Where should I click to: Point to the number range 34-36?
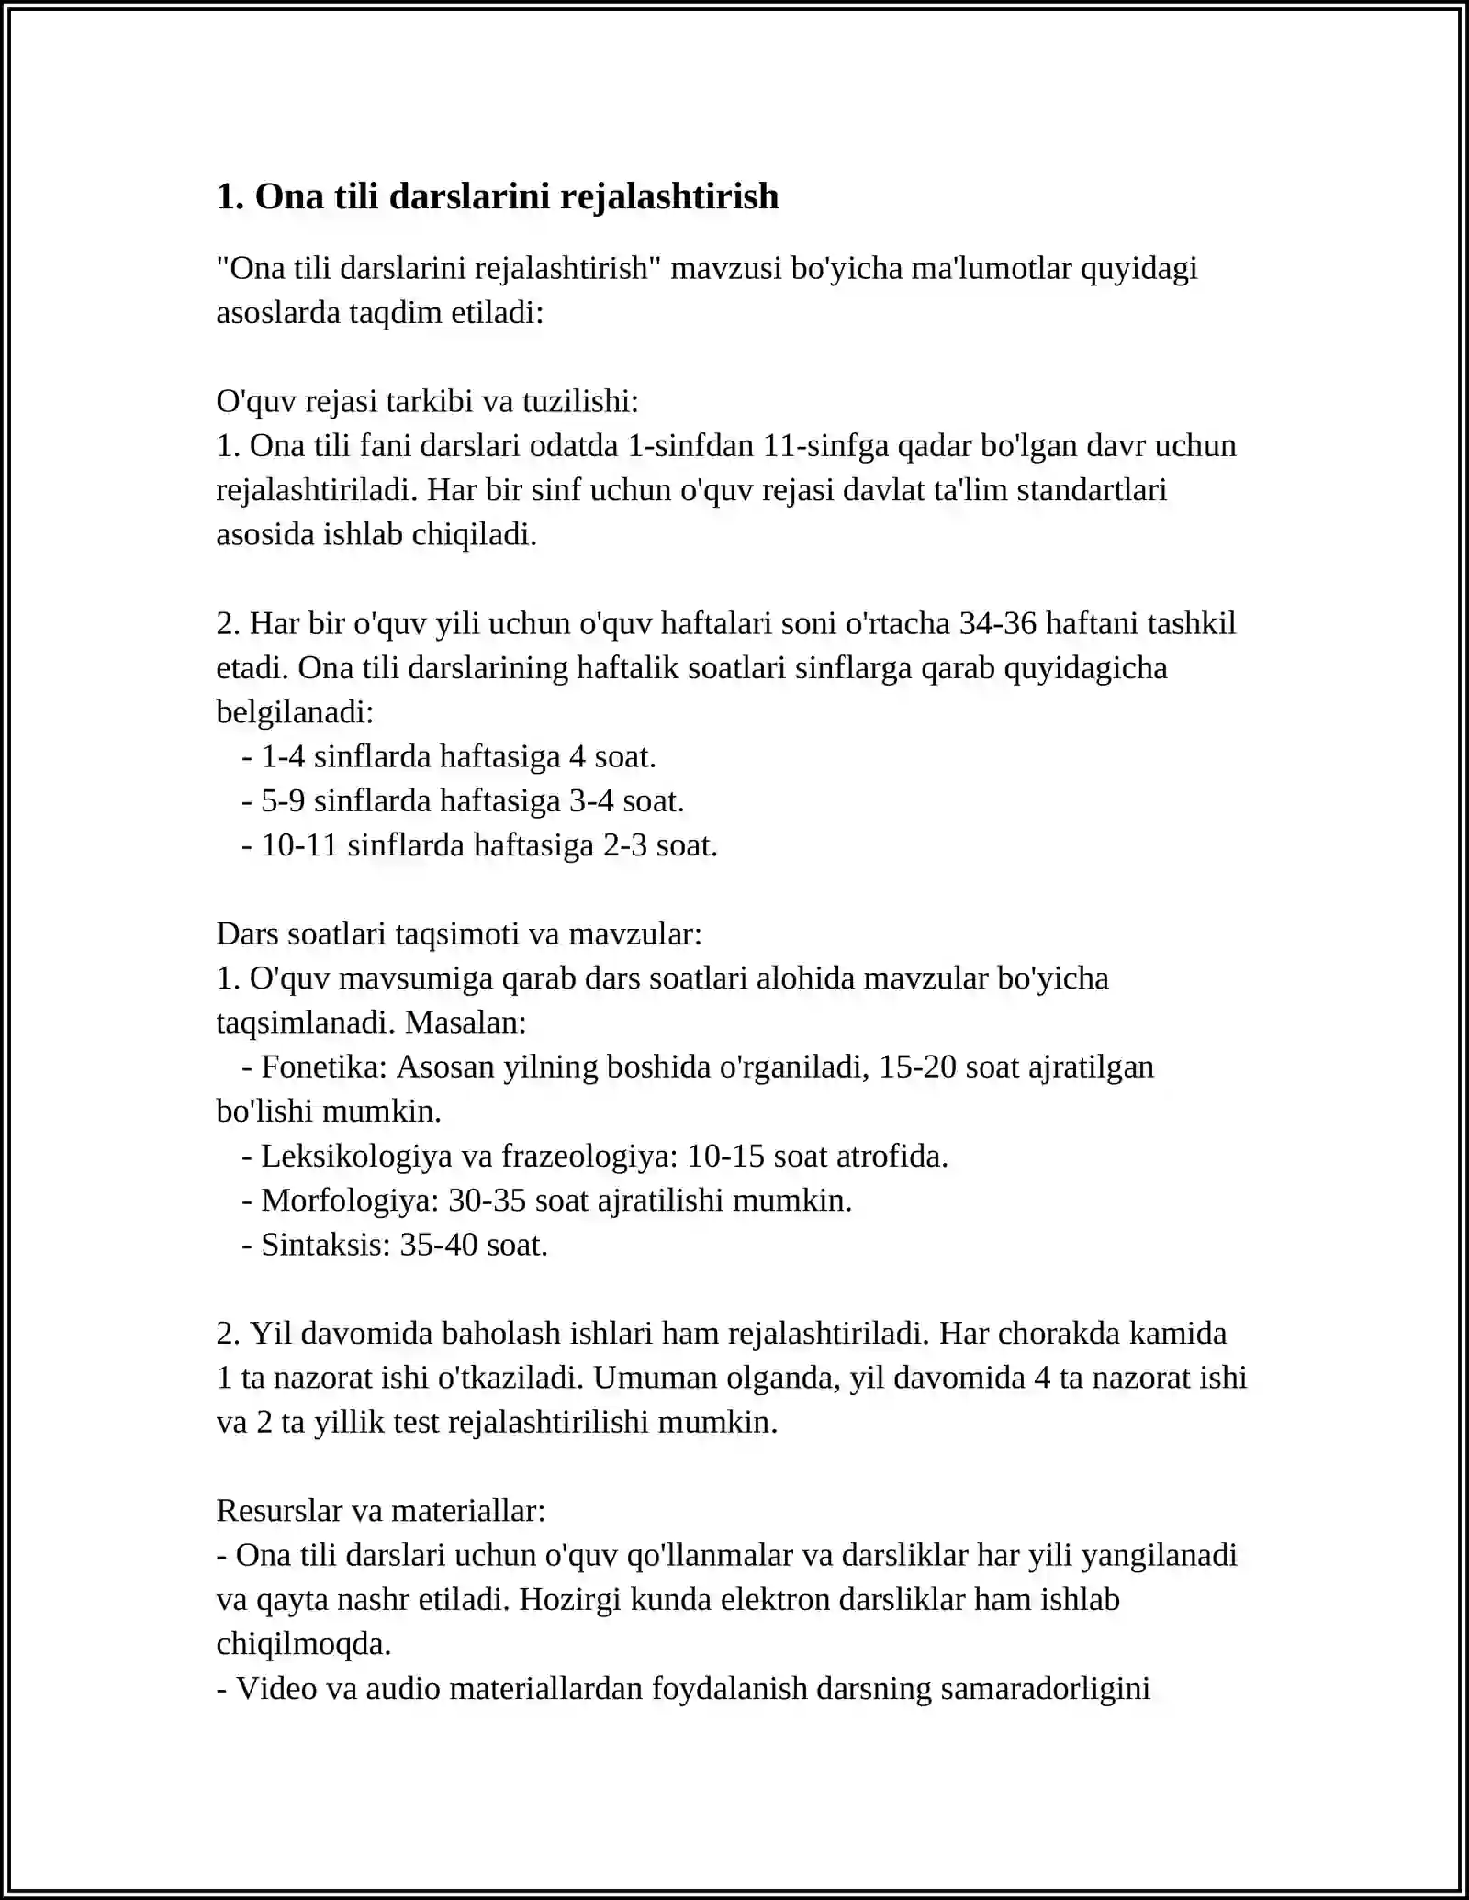point(997,623)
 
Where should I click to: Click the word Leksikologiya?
point(356,1156)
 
